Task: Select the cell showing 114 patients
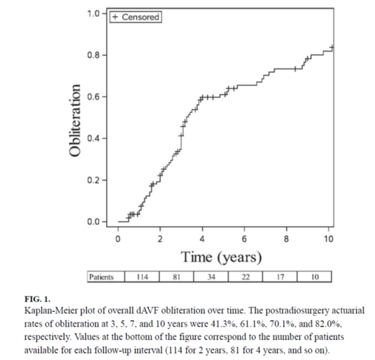click(142, 277)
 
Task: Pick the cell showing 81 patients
click(176, 277)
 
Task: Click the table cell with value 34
click(211, 277)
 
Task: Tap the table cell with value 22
click(245, 277)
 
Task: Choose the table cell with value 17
click(280, 277)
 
